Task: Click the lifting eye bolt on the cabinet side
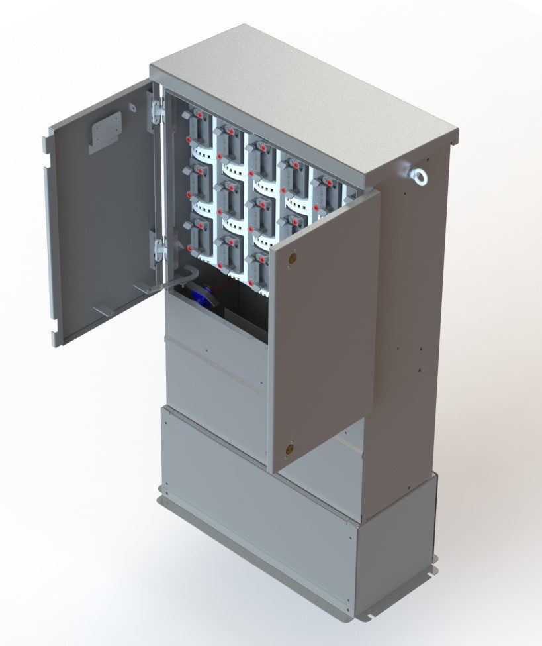tap(418, 176)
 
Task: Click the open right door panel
tap(324, 331)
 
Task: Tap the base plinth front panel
tap(258, 504)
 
